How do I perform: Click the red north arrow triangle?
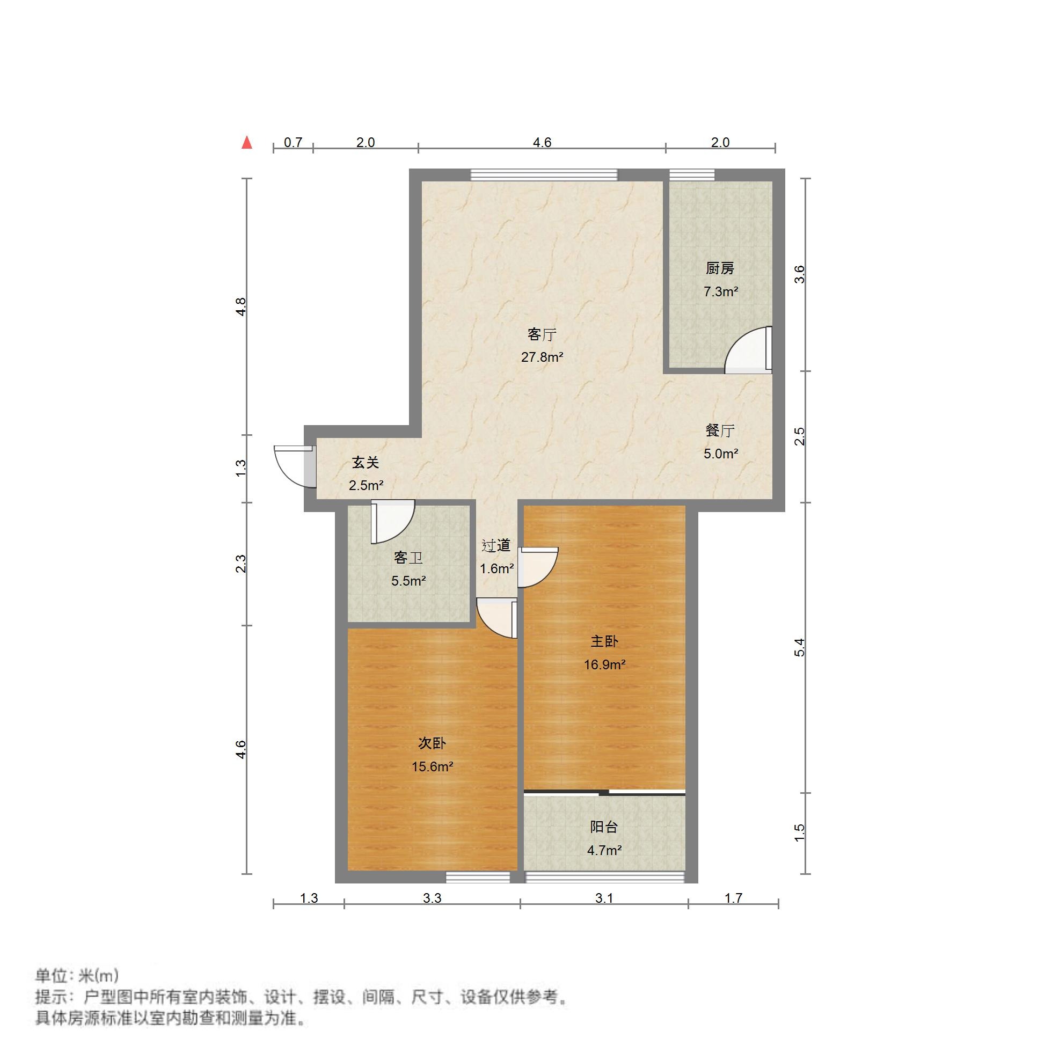point(247,143)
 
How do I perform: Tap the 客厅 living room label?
point(542,334)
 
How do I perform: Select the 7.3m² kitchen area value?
point(720,292)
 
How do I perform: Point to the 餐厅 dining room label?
point(720,430)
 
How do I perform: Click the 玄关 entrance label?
point(366,463)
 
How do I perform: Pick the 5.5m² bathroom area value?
point(408,581)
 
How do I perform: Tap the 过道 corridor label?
point(496,546)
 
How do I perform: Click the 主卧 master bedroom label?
point(604,641)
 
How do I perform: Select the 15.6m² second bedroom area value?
point(433,766)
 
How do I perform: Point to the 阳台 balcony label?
point(604,827)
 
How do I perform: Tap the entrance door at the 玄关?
point(294,466)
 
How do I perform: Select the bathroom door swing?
point(392,521)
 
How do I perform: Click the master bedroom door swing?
point(537,567)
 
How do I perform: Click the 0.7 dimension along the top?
point(293,143)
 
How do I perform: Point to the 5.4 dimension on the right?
point(799,647)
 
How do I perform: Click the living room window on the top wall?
point(544,175)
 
